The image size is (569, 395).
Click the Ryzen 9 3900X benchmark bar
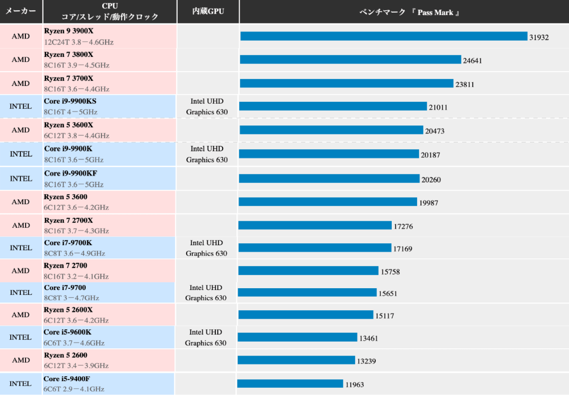pyautogui.click(x=384, y=36)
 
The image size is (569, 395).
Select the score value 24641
pyautogui.click(x=472, y=61)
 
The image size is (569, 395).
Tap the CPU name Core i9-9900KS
pyautogui.click(x=70, y=101)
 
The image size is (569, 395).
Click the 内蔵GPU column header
pyautogui.click(x=208, y=11)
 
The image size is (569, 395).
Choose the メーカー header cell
pyautogui.click(x=21, y=11)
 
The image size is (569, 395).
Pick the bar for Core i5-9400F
pyautogui.click(x=290, y=384)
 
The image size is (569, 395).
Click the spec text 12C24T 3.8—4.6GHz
pyautogui.click(x=79, y=42)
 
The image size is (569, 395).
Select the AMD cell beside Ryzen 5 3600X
pyautogui.click(x=21, y=130)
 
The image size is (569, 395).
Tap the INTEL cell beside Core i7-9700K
pyautogui.click(x=21, y=248)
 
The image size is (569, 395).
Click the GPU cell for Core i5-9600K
pyautogui.click(x=206, y=337)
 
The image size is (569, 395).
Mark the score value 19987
pyautogui.click(x=429, y=203)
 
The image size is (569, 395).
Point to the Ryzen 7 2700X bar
pyautogui.click(x=315, y=225)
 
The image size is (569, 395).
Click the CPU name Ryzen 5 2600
pyautogui.click(x=66, y=355)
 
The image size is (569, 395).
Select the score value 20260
pyautogui.click(x=431, y=180)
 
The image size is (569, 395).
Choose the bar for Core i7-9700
pyautogui.click(x=307, y=292)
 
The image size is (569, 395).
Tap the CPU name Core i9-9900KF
pyautogui.click(x=70, y=173)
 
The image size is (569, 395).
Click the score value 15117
pyautogui.click(x=385, y=316)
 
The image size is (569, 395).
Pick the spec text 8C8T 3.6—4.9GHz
pyautogui.click(x=75, y=253)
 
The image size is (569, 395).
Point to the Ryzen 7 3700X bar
pyautogui.click(x=346, y=83)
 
